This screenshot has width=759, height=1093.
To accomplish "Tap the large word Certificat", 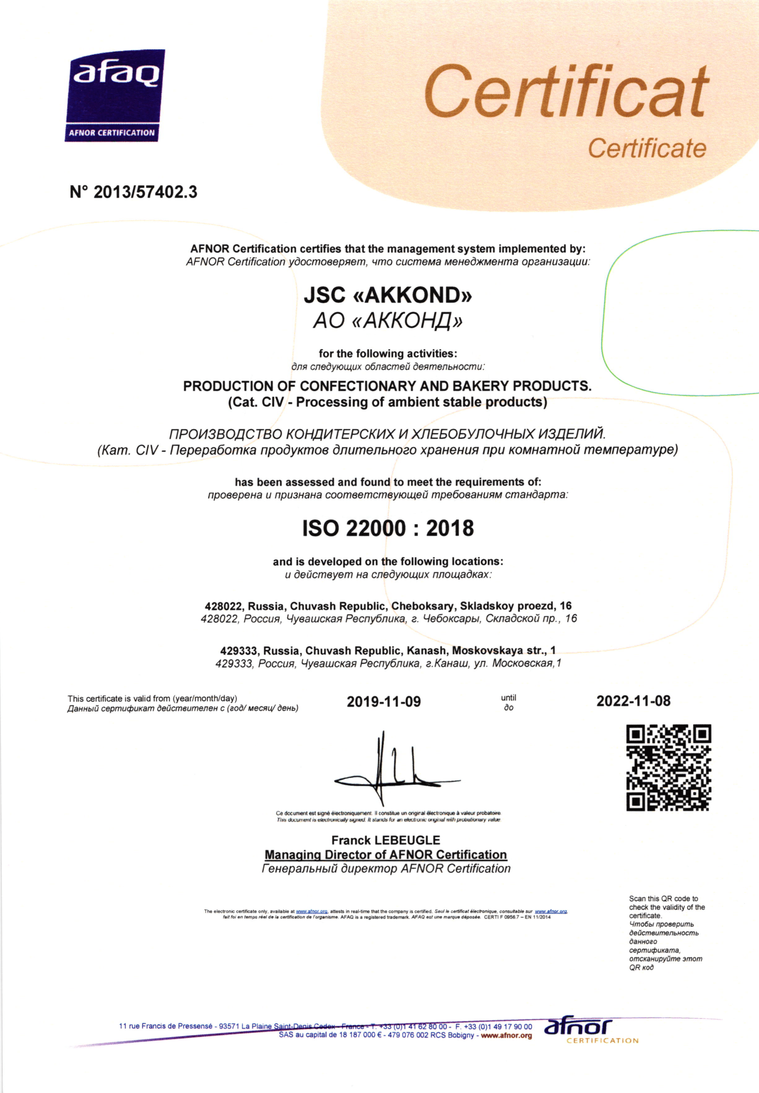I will (566, 92).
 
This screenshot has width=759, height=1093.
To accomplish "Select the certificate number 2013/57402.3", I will (144, 192).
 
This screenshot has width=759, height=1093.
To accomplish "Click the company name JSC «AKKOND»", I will (388, 295).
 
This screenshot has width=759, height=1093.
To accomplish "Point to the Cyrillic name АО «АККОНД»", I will (388, 321).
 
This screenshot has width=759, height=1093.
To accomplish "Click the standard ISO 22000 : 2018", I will (388, 528).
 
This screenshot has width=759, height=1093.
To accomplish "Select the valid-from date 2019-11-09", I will (384, 702).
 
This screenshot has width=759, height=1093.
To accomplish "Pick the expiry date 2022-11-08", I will (634, 701).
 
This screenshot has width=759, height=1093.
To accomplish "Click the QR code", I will (668, 767).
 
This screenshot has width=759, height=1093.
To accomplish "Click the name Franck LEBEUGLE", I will (386, 840).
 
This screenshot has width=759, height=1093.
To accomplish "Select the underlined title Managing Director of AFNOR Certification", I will (386, 855).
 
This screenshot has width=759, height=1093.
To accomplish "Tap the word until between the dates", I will (508, 698).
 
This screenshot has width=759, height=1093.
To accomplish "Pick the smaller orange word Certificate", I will (647, 148).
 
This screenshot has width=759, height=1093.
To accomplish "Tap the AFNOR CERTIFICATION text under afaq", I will (112, 133).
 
